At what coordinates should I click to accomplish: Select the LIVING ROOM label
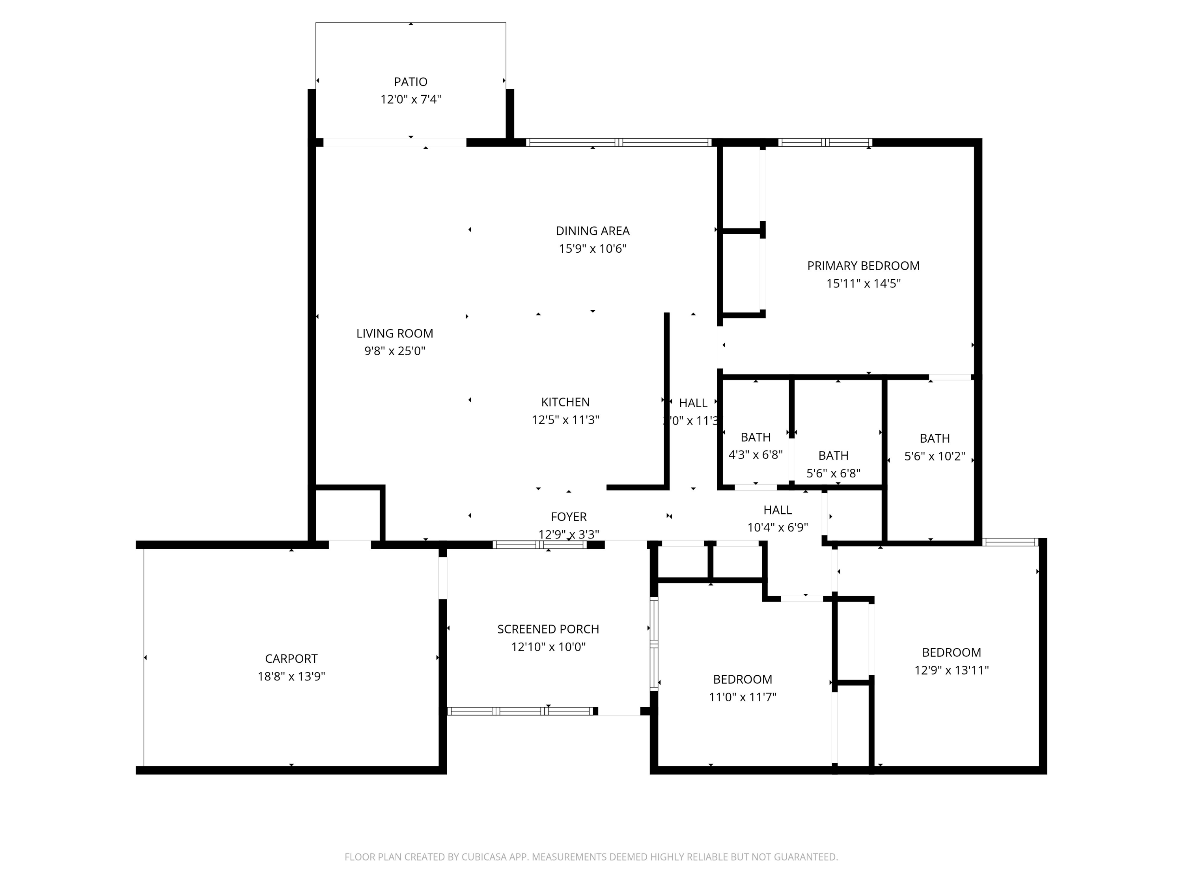pos(394,334)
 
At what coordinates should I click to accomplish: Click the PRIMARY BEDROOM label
pos(863,266)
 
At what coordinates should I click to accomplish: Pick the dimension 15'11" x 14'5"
pos(863,283)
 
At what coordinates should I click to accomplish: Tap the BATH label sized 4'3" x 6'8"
pos(755,437)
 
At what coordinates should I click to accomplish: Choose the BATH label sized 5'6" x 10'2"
pos(934,438)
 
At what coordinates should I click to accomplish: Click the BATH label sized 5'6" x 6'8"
pos(833,456)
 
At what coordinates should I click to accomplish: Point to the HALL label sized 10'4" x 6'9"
pos(777,510)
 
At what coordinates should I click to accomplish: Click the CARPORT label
pos(291,659)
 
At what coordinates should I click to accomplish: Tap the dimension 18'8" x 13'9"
pos(291,676)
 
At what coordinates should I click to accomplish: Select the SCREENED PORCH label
pos(548,629)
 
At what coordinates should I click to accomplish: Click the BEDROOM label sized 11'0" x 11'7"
pos(742,680)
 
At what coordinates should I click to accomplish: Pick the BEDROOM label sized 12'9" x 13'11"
pos(951,652)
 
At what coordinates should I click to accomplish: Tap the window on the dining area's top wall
pos(618,143)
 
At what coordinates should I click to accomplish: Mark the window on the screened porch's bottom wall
pos(520,711)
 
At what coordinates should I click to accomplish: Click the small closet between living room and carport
pos(348,515)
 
